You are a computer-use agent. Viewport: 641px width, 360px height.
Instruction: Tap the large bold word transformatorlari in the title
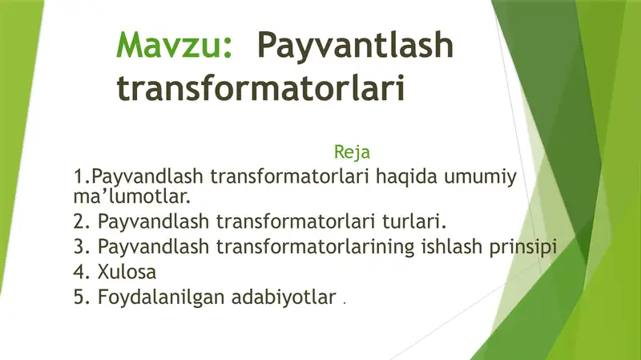[260, 87]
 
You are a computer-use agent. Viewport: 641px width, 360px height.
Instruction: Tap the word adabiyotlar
[282, 297]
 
